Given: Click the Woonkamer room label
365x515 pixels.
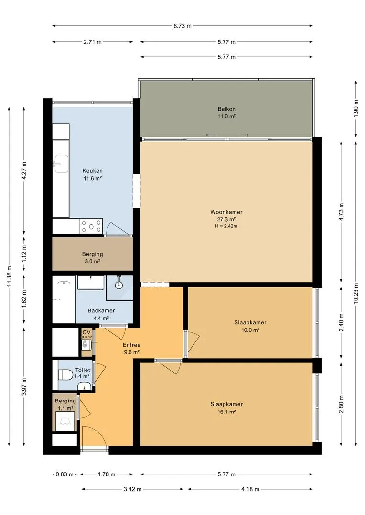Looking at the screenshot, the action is (226, 212).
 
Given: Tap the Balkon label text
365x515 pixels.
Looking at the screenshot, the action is (226, 109).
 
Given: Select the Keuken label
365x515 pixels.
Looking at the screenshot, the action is (93, 171).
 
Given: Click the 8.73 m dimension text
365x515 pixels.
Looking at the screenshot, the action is (182, 26).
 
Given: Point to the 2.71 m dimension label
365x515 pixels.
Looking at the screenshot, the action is (93, 42).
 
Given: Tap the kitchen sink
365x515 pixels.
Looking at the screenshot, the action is (61, 164).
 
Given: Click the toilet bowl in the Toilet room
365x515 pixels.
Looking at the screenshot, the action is (66, 374).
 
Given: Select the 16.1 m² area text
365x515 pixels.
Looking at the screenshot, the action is (226, 412).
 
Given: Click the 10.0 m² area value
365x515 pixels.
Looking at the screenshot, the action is (250, 330).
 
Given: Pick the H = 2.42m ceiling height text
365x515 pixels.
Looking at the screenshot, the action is (226, 226).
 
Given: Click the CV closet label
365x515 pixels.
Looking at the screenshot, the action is (86, 332).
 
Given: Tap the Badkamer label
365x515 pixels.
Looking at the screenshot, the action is (101, 311).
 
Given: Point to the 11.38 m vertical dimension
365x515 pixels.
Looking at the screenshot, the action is (9, 276).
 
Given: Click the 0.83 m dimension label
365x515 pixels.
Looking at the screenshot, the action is (64, 474).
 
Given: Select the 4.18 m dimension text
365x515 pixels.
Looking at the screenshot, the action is (250, 489).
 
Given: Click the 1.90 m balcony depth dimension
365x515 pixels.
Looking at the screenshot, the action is (356, 109).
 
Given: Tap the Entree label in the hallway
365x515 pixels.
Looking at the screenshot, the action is (132, 345).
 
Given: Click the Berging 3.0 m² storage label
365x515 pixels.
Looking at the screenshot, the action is (93, 258).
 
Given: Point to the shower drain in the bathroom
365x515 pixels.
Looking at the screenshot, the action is (119, 285).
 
